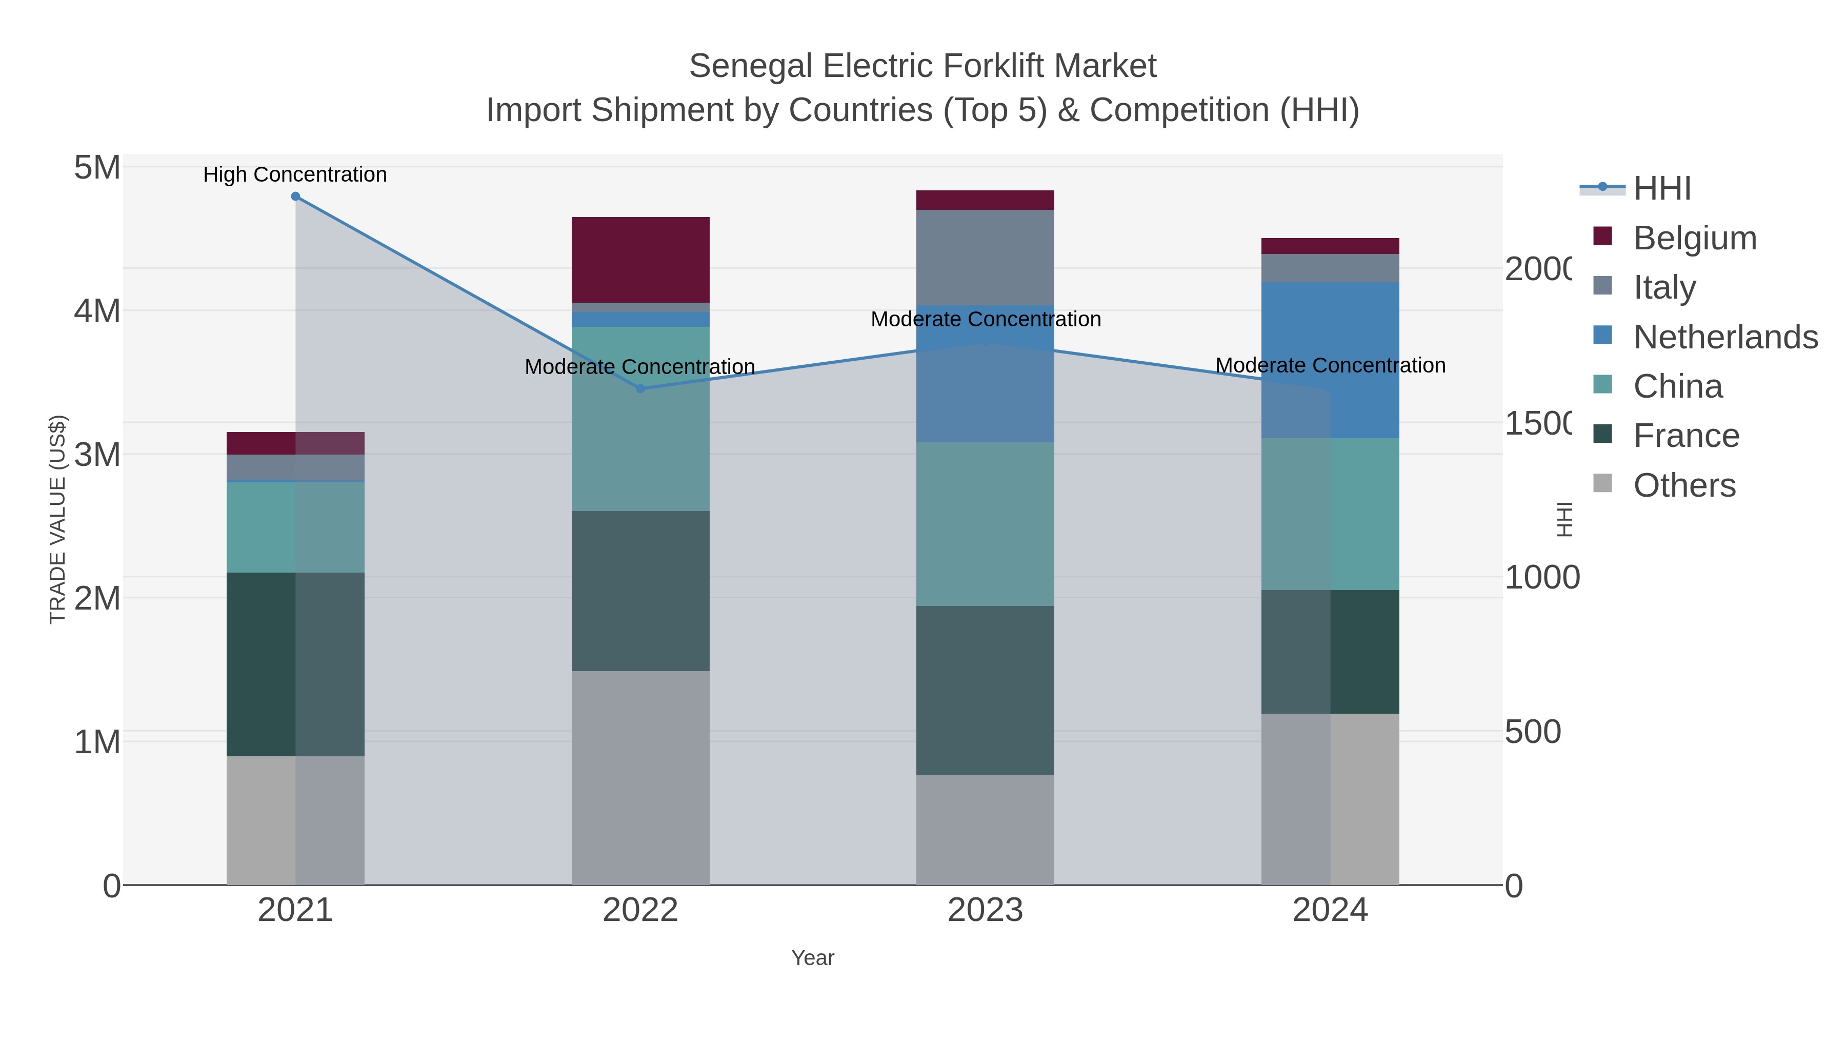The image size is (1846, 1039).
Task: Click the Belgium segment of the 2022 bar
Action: [x=640, y=260]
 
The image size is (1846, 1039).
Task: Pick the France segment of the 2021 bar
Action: [x=295, y=664]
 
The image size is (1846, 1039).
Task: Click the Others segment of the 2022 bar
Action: [x=640, y=778]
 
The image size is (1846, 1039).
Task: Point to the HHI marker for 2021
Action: [x=295, y=197]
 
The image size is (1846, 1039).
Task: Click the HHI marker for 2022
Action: [x=640, y=388]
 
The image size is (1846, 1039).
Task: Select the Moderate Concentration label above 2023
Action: [x=986, y=319]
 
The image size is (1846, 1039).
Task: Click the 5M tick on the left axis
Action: [x=97, y=168]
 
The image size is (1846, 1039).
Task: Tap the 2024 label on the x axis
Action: [x=1330, y=910]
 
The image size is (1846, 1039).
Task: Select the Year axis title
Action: [x=813, y=958]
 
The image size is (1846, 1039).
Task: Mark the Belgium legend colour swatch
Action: [x=1603, y=236]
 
